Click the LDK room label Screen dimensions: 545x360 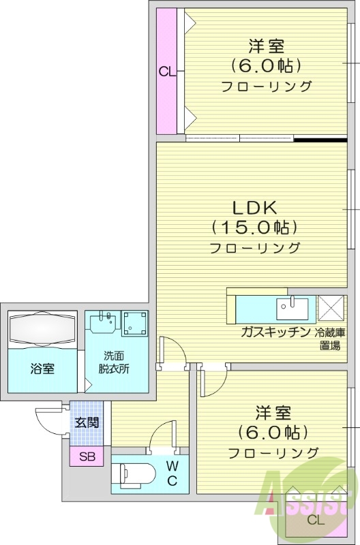coord(254,206)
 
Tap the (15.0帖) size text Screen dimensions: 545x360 coord(254,226)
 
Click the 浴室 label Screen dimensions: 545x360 coord(42,369)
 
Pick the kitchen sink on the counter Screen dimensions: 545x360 coord(291,308)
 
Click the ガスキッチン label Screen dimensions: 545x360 coord(275,332)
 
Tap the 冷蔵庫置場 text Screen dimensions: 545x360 coord(330,339)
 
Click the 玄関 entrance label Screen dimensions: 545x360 coord(87,422)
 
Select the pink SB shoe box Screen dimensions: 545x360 coord(87,456)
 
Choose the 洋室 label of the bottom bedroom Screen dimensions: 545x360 coord(273,413)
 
